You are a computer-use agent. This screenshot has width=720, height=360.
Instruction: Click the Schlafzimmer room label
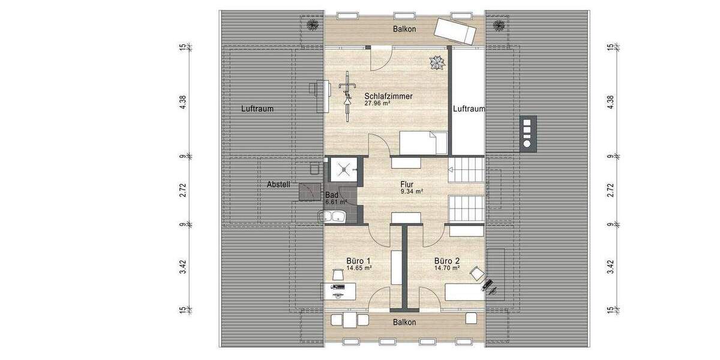pyautogui.click(x=388, y=95)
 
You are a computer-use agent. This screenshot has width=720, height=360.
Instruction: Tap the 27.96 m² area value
pyautogui.click(x=377, y=103)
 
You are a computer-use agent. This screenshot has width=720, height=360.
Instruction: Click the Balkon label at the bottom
pyautogui.click(x=404, y=322)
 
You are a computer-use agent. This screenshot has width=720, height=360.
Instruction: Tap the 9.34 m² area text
pyautogui.click(x=412, y=192)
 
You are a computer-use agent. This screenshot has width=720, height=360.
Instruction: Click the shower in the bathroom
pyautogui.click(x=343, y=170)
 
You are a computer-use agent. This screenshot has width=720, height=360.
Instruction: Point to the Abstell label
pyautogui.click(x=278, y=185)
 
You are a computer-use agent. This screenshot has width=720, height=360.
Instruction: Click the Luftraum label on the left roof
pyautogui.click(x=257, y=109)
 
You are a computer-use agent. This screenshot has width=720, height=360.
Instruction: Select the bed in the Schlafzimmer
pyautogui.click(x=424, y=143)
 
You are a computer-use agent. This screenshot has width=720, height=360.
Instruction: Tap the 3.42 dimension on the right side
pyautogui.click(x=611, y=267)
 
